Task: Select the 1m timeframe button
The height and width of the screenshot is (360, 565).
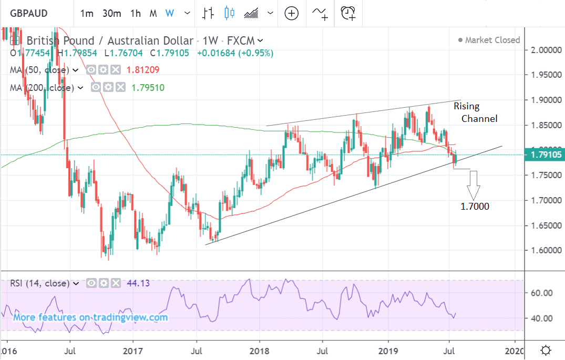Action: coord(87,13)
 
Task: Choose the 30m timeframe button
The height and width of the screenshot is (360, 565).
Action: coord(111,13)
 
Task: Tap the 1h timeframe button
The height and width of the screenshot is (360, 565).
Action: coord(136,13)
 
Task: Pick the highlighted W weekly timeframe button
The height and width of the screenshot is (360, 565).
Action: coord(170,13)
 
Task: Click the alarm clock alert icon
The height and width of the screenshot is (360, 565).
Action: coord(348,13)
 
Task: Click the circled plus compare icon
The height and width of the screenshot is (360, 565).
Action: coord(291,13)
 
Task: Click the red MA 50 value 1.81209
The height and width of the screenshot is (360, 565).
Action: coord(142,70)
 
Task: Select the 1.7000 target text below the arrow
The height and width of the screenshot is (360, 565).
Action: coord(475,207)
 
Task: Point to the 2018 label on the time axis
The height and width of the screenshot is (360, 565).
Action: coord(259,349)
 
